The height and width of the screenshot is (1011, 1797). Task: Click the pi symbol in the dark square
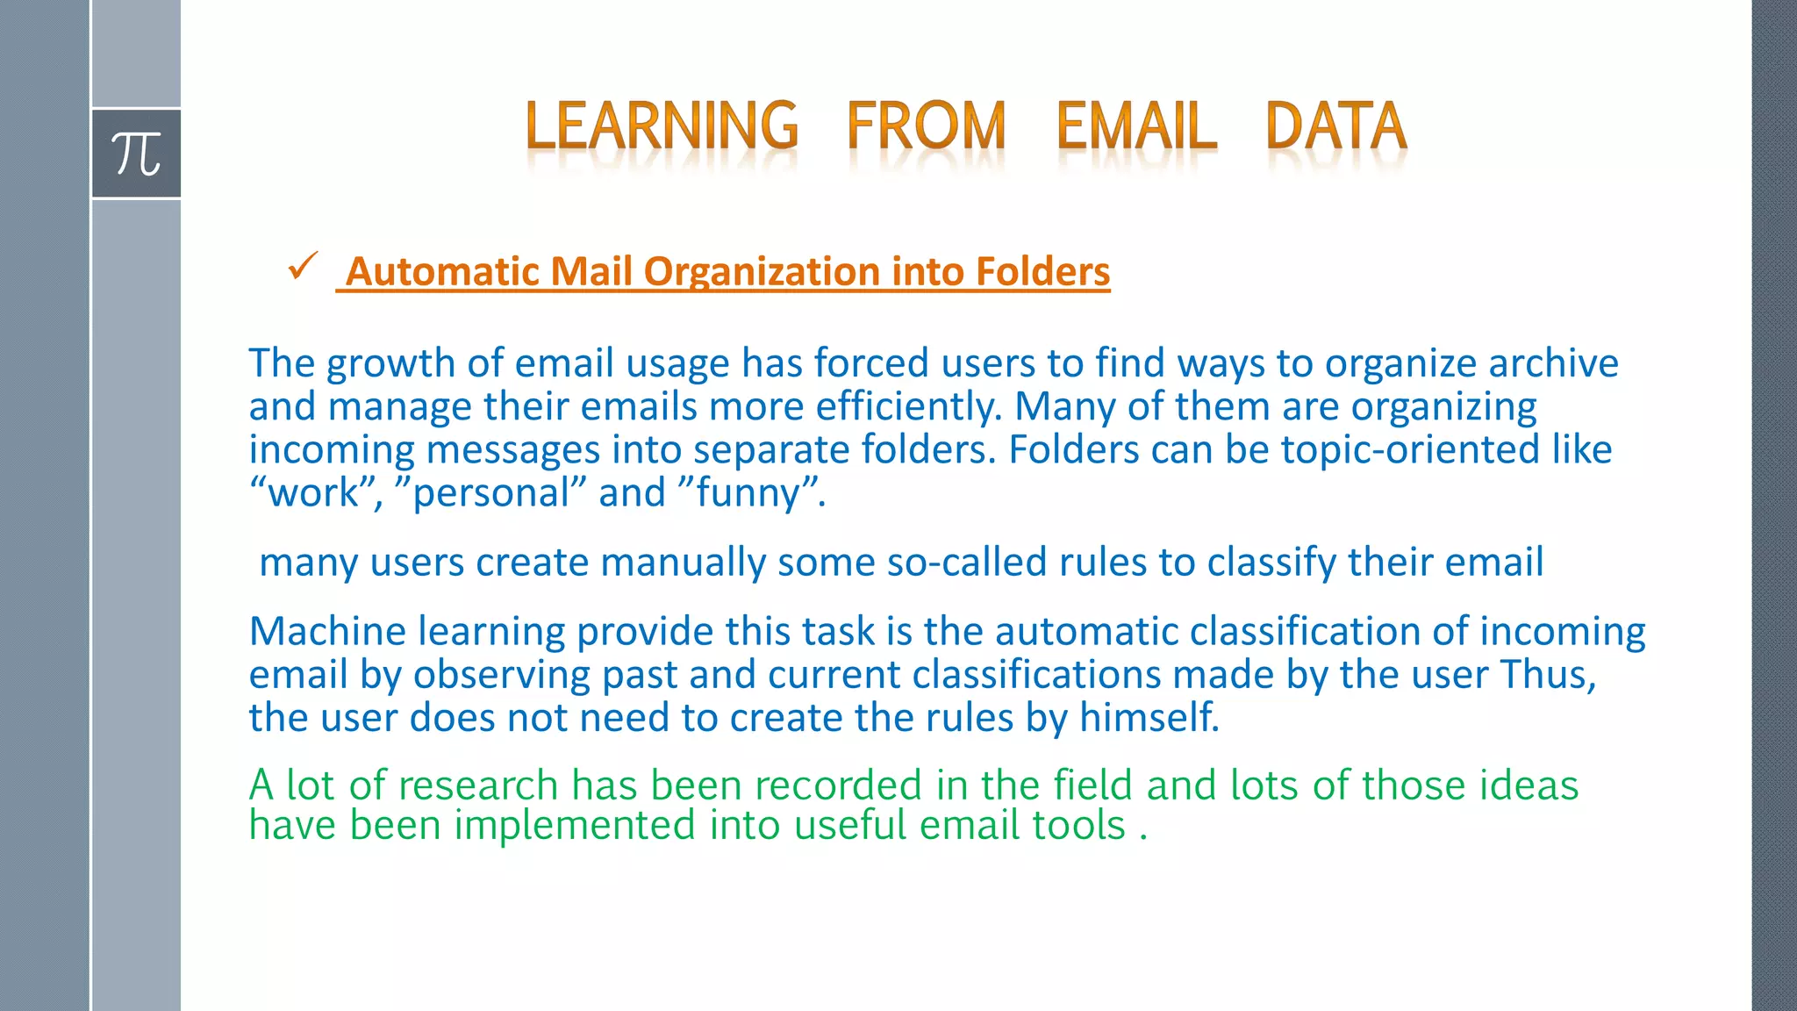point(136,154)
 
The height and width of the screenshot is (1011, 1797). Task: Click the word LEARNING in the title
point(662,125)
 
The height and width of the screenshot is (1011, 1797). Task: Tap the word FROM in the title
point(926,125)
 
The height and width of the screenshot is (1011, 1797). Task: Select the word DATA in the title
point(1336,125)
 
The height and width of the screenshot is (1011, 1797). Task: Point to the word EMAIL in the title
point(1136,125)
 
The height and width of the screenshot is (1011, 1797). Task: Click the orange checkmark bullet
point(302,266)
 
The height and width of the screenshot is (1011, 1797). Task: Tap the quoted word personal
point(491,493)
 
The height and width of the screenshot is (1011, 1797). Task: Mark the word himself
point(1149,717)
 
